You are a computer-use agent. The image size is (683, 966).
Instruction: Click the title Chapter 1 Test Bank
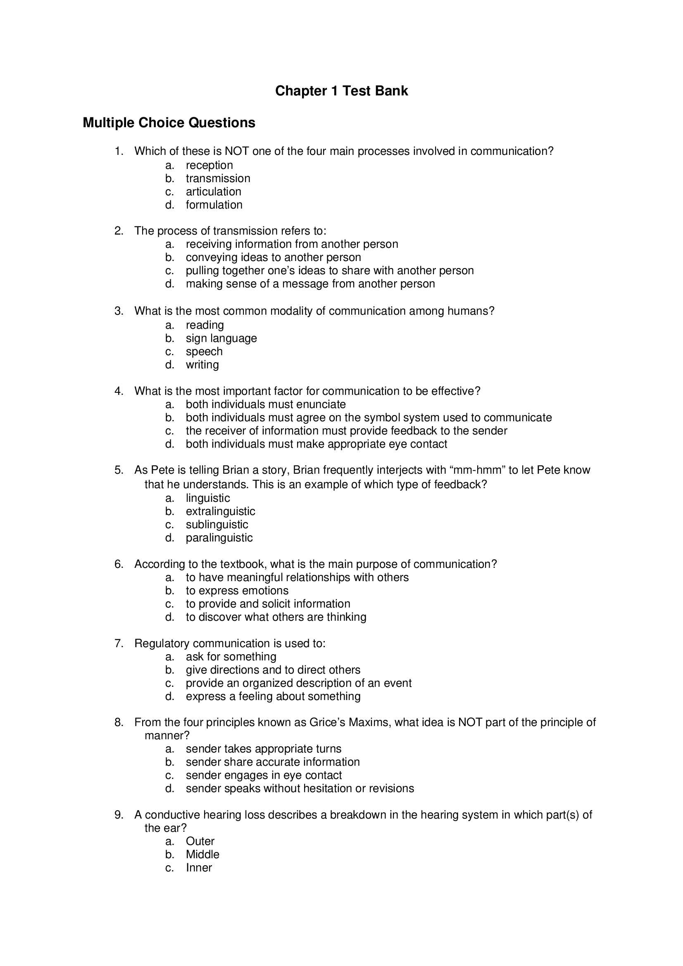coord(341,91)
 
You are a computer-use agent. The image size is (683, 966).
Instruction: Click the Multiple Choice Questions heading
coord(169,123)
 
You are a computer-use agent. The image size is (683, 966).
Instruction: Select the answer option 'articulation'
coord(213,192)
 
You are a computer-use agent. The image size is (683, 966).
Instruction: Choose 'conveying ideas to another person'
coord(273,257)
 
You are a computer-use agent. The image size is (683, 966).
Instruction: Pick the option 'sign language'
coord(221,338)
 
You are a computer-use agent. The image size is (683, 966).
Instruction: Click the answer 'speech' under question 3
coord(204,351)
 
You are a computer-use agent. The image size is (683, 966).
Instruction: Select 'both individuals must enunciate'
coord(266,404)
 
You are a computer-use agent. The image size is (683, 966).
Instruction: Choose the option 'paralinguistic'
coord(219,538)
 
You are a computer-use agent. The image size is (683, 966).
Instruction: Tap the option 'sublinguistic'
coord(217,525)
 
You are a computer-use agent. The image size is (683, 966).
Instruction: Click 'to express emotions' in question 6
coord(237,591)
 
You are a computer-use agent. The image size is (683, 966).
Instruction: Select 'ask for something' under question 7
coord(231,657)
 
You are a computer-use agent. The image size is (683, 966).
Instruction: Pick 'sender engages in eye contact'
coord(264,776)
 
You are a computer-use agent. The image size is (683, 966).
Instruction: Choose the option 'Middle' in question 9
coord(202,854)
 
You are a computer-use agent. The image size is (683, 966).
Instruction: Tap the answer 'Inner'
coord(199,868)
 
